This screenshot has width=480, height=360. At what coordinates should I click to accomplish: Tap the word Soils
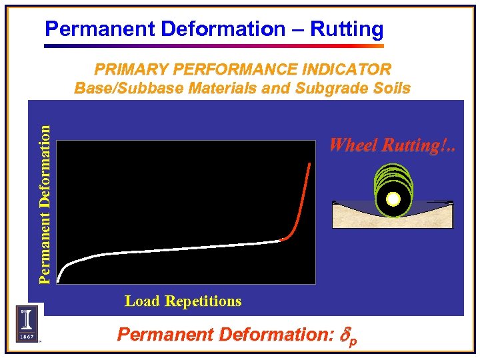pyautogui.click(x=391, y=88)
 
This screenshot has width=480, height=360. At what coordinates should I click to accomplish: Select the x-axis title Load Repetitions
pyautogui.click(x=183, y=301)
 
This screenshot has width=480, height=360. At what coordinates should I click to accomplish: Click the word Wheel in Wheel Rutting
pyautogui.click(x=352, y=145)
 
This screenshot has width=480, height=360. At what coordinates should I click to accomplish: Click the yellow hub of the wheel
pyautogui.click(x=393, y=199)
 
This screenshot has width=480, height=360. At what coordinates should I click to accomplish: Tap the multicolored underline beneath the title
pyautogui.click(x=213, y=46)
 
